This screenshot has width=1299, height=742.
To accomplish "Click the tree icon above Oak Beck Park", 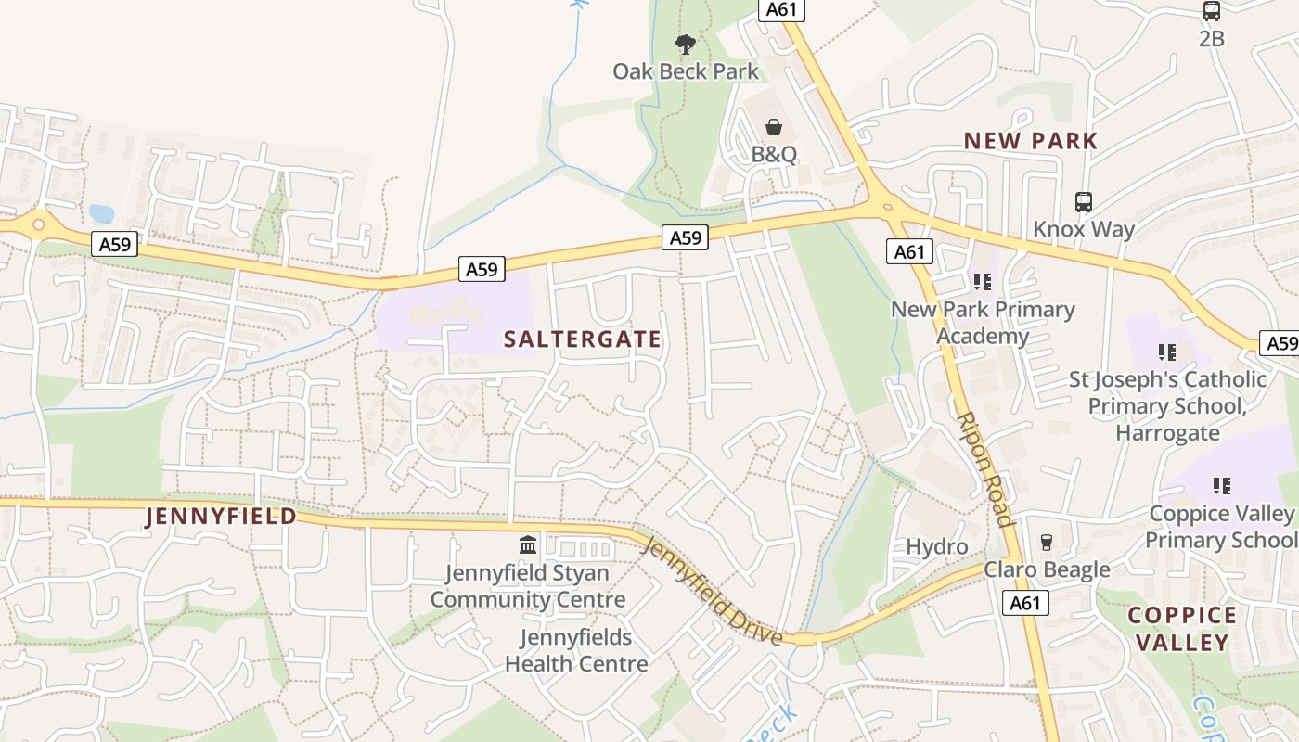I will [x=685, y=44].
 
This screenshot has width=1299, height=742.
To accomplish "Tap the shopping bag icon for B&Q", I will [x=773, y=127].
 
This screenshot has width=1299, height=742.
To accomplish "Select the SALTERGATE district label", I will [x=583, y=339].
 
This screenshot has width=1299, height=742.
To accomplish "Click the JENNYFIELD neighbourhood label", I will [x=221, y=517].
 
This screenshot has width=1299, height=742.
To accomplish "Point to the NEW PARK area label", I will [x=1031, y=141].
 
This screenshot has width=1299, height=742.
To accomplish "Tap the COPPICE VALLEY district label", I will [x=1181, y=629].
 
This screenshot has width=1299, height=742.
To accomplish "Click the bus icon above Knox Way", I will [x=1083, y=201].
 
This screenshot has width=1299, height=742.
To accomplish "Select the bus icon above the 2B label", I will [x=1211, y=11].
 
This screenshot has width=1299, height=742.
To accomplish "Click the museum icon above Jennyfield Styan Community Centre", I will [x=528, y=544].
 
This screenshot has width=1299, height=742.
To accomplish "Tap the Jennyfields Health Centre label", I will [x=575, y=650].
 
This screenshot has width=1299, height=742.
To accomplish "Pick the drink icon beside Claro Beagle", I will [x=1047, y=542].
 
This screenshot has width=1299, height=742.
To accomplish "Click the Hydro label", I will [x=936, y=546].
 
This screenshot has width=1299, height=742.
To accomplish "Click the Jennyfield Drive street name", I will [x=713, y=590].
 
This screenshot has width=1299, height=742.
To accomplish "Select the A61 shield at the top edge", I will [x=781, y=9].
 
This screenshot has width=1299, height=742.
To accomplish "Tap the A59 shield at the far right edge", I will [x=1281, y=343].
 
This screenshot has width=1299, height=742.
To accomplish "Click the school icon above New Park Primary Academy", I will [x=982, y=281].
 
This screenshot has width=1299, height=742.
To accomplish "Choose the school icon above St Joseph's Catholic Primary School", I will [x=1167, y=352].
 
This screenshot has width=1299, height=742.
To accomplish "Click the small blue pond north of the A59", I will [x=101, y=214].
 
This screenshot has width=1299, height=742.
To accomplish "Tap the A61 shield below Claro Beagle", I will [x=1025, y=603].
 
